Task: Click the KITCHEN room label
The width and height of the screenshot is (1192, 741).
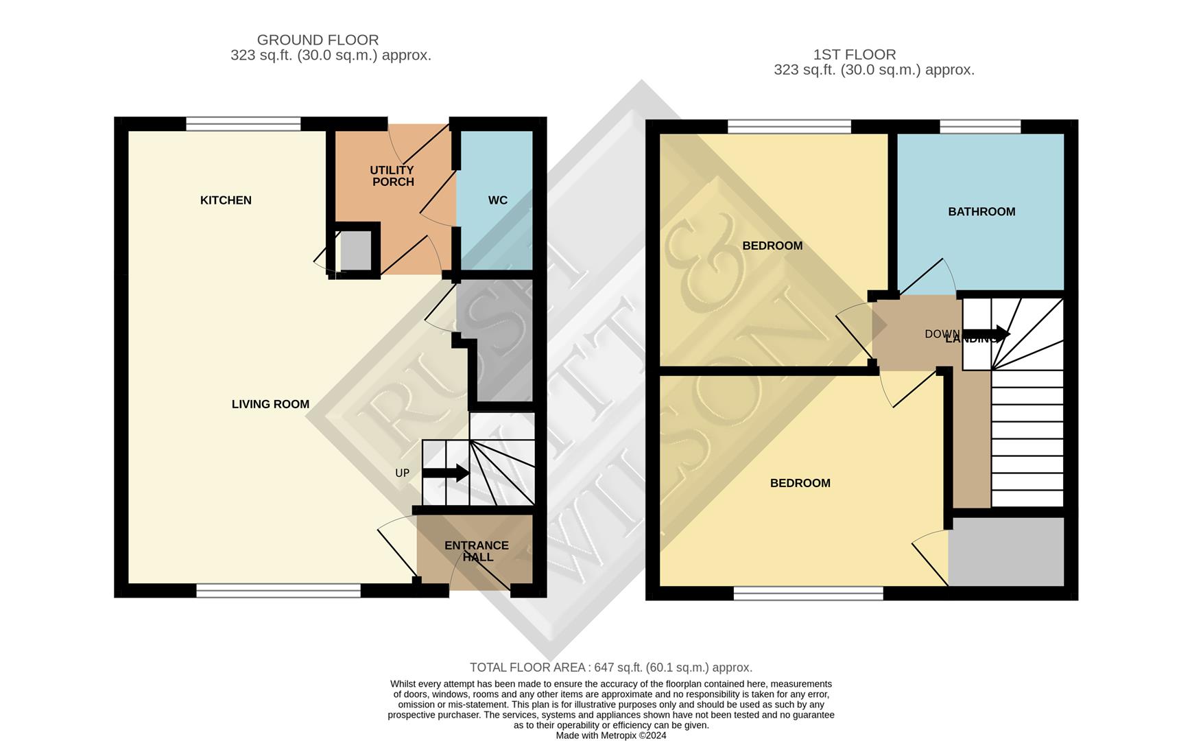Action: pyautogui.click(x=226, y=200)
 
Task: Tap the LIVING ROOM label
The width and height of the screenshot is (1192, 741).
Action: pyautogui.click(x=270, y=404)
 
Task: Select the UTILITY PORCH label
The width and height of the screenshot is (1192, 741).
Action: pyautogui.click(x=392, y=176)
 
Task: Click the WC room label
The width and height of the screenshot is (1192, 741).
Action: pyautogui.click(x=497, y=200)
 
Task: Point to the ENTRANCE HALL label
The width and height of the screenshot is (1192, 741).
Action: pyautogui.click(x=477, y=551)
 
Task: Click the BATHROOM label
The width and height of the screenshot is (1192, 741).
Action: pyautogui.click(x=981, y=211)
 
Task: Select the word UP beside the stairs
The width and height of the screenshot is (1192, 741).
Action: pyautogui.click(x=402, y=473)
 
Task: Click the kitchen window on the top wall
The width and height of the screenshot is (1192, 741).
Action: pyautogui.click(x=243, y=123)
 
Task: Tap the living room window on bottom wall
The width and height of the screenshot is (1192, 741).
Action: pyautogui.click(x=278, y=590)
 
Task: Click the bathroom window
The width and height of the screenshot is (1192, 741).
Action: pyautogui.click(x=980, y=126)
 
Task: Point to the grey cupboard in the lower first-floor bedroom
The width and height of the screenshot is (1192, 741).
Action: pyautogui.click(x=1006, y=552)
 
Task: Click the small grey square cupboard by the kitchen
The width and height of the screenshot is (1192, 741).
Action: pyautogui.click(x=355, y=250)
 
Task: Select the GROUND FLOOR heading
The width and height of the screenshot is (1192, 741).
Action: pyautogui.click(x=318, y=40)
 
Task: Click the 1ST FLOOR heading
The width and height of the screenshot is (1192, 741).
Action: pyautogui.click(x=854, y=54)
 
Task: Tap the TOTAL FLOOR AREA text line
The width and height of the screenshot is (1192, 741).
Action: pyautogui.click(x=610, y=667)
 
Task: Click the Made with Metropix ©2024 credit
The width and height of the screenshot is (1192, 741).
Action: pyautogui.click(x=610, y=735)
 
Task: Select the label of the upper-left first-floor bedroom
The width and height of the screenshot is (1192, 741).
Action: pyautogui.click(x=772, y=246)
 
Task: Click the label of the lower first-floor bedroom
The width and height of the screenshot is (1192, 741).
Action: pyautogui.click(x=800, y=483)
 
